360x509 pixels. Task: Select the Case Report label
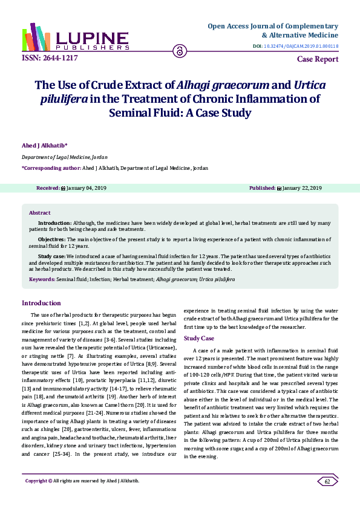318,59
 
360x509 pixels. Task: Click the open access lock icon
179,51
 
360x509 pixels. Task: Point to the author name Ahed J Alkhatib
44,145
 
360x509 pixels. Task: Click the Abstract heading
40,213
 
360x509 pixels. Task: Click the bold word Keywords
42,280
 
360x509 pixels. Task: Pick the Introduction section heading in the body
41,303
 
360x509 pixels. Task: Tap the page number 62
327,481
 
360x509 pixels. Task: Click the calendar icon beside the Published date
279,189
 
